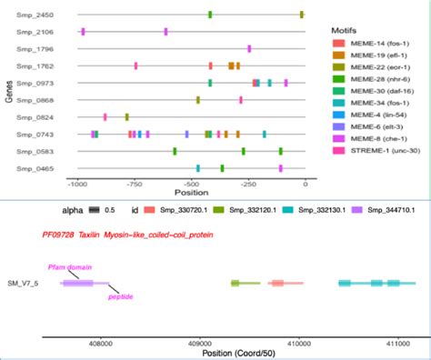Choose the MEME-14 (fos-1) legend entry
coord(372,45)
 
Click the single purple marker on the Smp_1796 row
coord(249,48)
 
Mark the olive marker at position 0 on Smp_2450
coord(302,15)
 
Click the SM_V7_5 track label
coord(22,284)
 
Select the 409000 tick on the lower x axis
coord(199,343)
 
